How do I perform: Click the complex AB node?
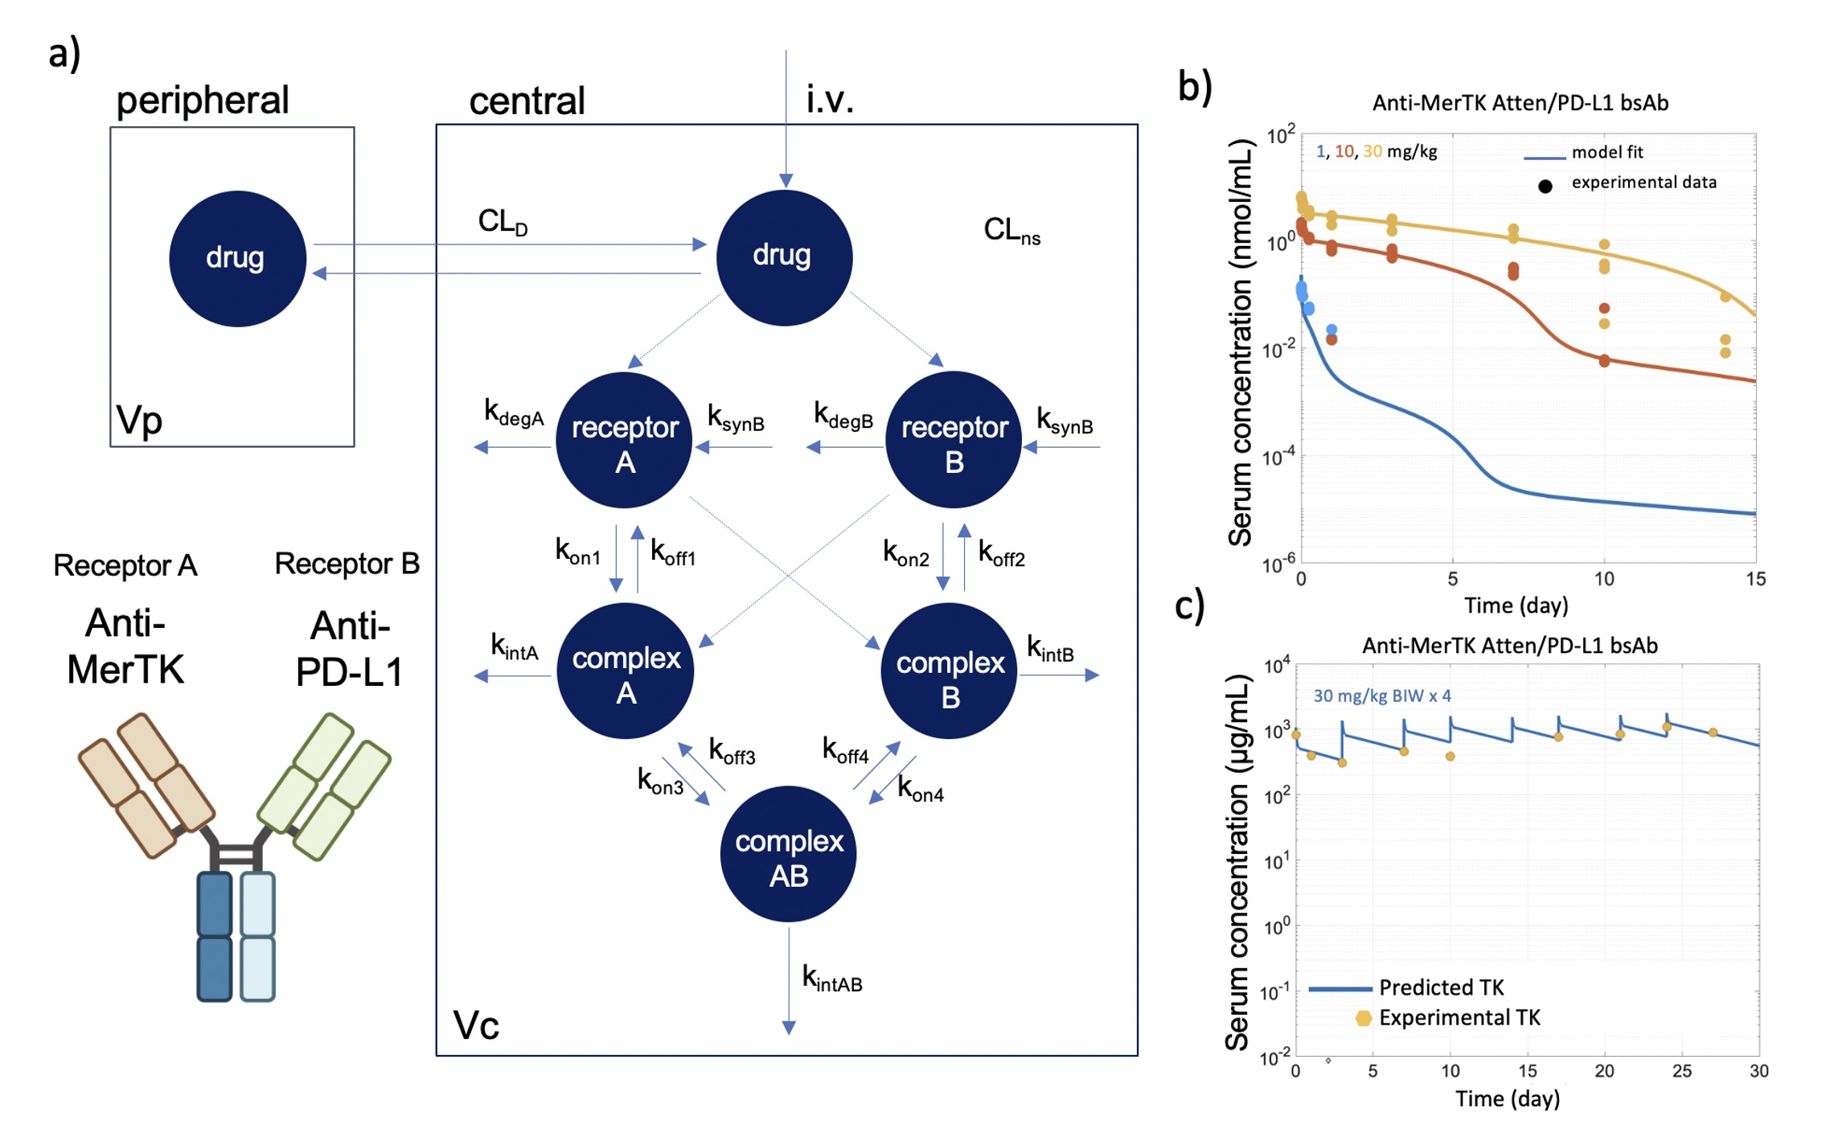(x=788, y=854)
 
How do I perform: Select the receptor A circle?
(x=625, y=441)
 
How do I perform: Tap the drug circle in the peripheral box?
(x=237, y=258)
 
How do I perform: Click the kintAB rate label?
(x=832, y=979)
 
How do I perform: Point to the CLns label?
(x=1011, y=231)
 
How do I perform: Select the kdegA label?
(x=513, y=413)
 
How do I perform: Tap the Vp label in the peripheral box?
(x=139, y=420)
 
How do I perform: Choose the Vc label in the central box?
(x=476, y=1025)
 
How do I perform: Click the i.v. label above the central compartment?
(x=829, y=100)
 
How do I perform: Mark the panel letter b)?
(x=1195, y=86)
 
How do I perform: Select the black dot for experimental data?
(x=1545, y=187)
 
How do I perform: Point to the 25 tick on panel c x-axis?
(x=1681, y=1070)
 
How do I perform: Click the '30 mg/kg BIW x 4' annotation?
(x=1381, y=696)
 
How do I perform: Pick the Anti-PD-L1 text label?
(x=349, y=648)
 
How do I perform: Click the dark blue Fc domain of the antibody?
(x=215, y=937)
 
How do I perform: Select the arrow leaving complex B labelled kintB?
(x=1059, y=675)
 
